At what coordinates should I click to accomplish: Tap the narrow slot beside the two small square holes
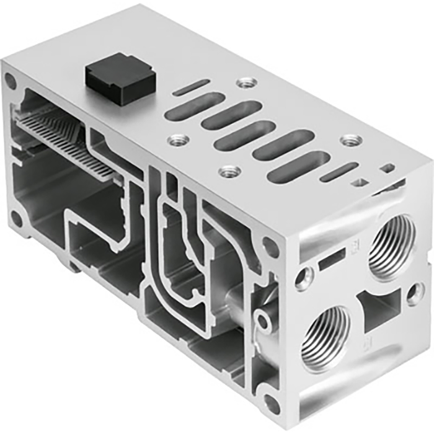(x=339, y=172)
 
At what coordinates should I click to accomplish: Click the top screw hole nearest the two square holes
(x=348, y=140)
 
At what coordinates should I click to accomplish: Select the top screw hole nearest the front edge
(x=229, y=169)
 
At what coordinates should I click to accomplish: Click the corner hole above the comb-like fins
(x=11, y=79)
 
